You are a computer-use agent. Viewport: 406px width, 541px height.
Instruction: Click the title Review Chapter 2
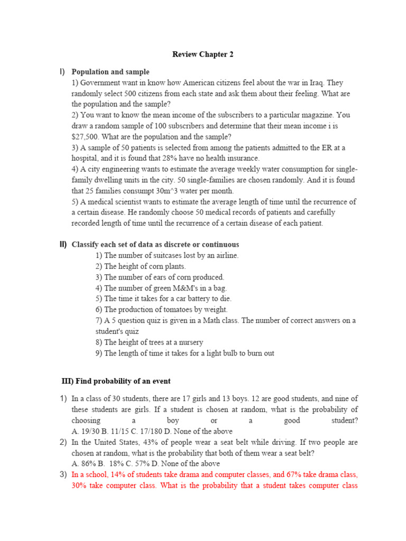coord(203,54)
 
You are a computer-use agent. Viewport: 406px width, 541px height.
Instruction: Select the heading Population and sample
coord(110,72)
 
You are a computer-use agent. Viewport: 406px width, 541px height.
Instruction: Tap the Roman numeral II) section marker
coord(63,245)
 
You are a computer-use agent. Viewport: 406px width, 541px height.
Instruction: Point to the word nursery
coord(190,342)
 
